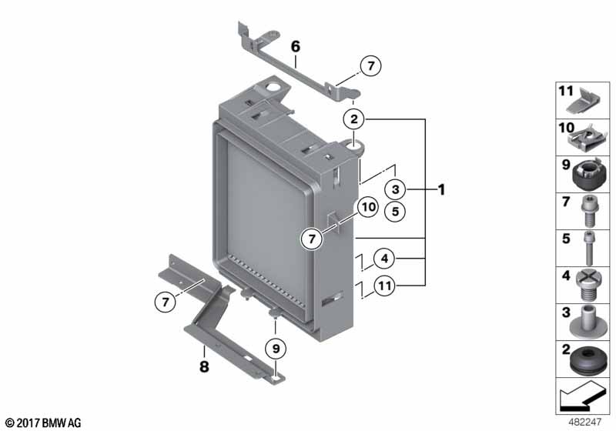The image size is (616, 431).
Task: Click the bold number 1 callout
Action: [x=441, y=189]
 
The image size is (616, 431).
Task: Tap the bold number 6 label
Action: [x=295, y=47]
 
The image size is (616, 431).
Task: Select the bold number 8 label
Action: [x=204, y=368]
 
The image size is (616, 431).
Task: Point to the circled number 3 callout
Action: [x=393, y=189]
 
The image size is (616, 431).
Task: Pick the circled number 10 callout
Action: [x=367, y=206]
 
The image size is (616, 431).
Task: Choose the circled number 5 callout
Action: [x=393, y=210]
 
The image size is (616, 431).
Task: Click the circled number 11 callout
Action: [x=385, y=287]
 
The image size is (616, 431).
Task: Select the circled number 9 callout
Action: [x=275, y=349]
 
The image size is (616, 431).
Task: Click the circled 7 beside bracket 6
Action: [x=370, y=68]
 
